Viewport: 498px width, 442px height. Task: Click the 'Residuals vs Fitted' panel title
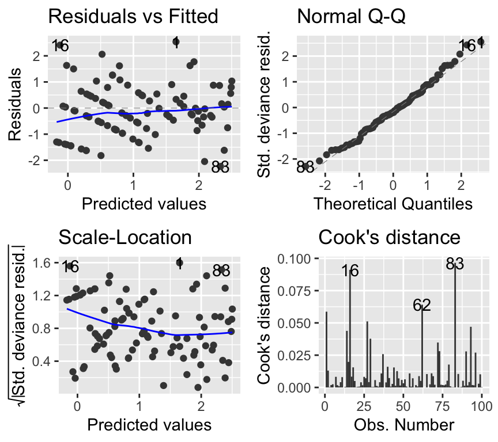click(x=133, y=16)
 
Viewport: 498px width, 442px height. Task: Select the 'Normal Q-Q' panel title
click(x=352, y=16)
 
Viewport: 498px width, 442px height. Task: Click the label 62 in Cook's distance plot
click(x=422, y=306)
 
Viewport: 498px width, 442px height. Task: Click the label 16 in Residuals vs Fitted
click(x=60, y=45)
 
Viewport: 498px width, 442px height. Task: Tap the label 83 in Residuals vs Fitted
click(x=220, y=167)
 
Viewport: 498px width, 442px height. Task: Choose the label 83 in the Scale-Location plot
click(x=221, y=270)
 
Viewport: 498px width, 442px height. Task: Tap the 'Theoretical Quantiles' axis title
click(x=392, y=204)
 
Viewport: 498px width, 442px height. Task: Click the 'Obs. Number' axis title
click(x=402, y=425)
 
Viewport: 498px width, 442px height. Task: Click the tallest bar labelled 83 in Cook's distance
click(x=455, y=328)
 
